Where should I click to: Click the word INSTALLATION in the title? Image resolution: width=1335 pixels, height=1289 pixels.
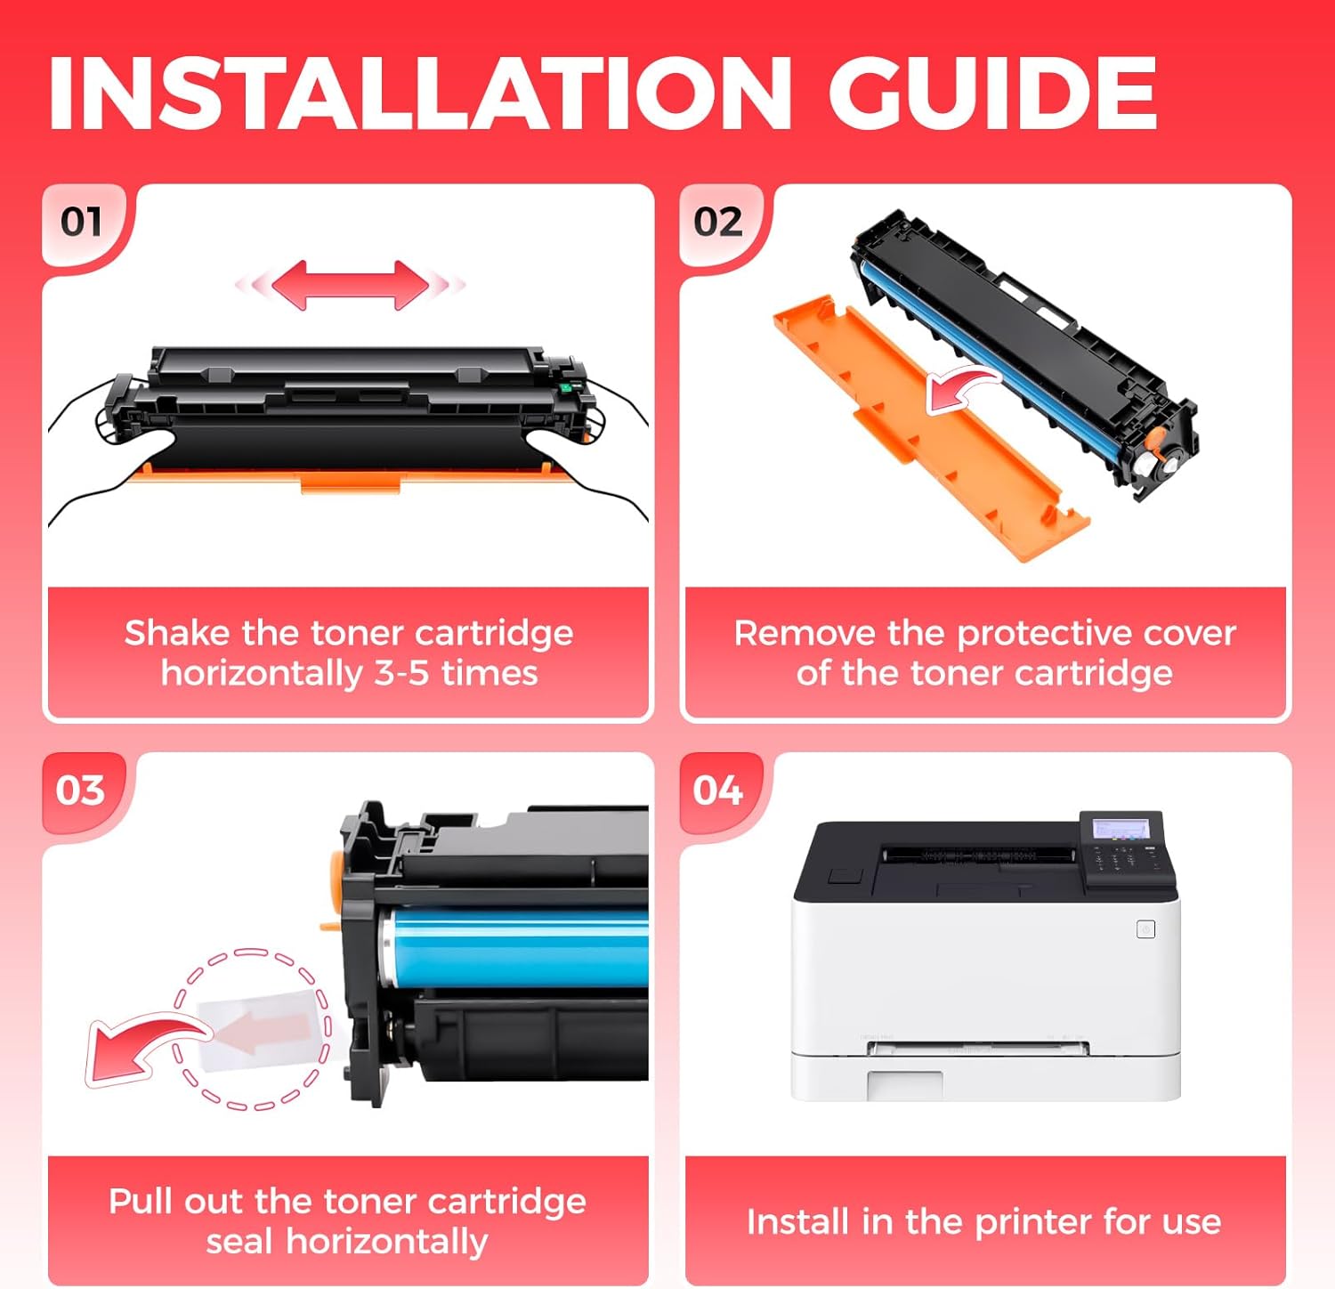point(418,93)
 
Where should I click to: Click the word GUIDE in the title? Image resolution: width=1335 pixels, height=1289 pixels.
point(992,93)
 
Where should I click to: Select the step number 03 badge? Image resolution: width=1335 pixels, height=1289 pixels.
point(80,790)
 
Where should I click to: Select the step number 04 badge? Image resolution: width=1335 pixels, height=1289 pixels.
point(717,790)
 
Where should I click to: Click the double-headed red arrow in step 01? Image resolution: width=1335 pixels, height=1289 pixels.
point(350,285)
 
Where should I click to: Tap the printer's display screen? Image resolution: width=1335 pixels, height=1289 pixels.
point(1121,829)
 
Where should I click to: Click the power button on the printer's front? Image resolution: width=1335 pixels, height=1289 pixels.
point(1146,929)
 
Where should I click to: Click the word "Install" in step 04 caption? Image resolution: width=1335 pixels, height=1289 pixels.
point(797,1221)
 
